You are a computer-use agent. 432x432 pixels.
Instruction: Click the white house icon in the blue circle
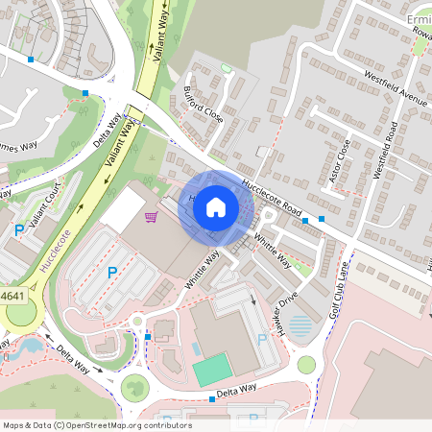[x=216, y=206]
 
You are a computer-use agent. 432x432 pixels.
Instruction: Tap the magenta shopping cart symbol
[x=151, y=217]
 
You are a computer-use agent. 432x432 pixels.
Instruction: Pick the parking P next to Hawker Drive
[x=262, y=339]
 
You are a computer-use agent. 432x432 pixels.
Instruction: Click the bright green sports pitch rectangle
[x=212, y=369]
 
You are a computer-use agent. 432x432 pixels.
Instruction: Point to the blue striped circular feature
[x=300, y=326]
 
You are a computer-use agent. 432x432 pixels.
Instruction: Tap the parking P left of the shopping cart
[x=111, y=274]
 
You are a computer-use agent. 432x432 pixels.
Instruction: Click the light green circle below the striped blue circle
[x=306, y=364]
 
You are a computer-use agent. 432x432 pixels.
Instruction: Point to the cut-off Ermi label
[x=419, y=20]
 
